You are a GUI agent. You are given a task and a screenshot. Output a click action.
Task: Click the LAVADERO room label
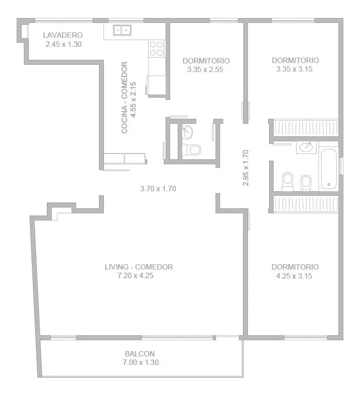63,35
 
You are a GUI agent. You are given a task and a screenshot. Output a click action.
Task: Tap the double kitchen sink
122,30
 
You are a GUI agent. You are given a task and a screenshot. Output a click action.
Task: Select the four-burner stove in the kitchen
157,49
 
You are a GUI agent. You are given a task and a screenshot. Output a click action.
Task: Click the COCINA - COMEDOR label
124,98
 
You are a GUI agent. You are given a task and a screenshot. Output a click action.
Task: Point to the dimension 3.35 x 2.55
205,69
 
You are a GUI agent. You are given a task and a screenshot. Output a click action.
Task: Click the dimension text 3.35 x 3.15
294,69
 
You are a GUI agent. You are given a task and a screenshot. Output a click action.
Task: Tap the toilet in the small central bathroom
192,149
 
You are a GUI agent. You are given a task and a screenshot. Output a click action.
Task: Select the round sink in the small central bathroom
188,132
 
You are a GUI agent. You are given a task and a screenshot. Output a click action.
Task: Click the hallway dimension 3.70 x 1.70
158,189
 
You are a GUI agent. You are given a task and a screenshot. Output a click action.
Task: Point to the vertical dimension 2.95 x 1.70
246,168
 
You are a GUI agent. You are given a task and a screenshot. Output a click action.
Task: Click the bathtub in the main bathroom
328,169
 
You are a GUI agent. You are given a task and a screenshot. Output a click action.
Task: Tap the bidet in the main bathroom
306,183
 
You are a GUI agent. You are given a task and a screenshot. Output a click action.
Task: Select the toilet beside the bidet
288,182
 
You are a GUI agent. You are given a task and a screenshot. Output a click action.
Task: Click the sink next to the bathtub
306,147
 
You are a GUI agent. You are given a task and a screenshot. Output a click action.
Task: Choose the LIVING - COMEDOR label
139,267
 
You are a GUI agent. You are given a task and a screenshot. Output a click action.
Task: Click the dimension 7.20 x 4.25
135,275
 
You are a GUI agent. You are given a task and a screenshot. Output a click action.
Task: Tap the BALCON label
139,354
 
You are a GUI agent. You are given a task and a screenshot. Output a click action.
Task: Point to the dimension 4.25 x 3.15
294,276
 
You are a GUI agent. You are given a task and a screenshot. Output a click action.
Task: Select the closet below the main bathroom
306,203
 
